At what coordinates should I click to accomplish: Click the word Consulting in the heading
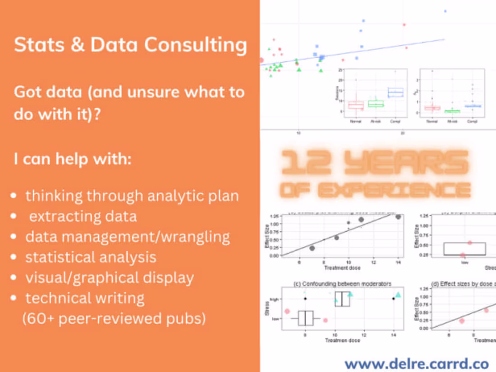(195, 46)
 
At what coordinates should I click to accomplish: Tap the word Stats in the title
(37, 46)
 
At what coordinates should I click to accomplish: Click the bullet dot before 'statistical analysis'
(15, 257)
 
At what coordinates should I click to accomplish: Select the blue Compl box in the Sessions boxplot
(395, 92)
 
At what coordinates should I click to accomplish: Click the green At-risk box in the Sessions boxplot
(376, 104)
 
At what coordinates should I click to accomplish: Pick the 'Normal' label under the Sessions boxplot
(356, 122)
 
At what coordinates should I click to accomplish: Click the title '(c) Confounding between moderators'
(341, 284)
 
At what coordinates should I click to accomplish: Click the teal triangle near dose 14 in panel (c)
(398, 295)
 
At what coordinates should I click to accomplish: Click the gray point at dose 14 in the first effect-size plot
(398, 217)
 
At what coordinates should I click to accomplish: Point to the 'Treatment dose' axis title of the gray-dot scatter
(342, 268)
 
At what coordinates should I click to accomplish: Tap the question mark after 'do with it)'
(96, 114)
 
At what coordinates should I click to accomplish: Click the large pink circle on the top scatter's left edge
(261, 60)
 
